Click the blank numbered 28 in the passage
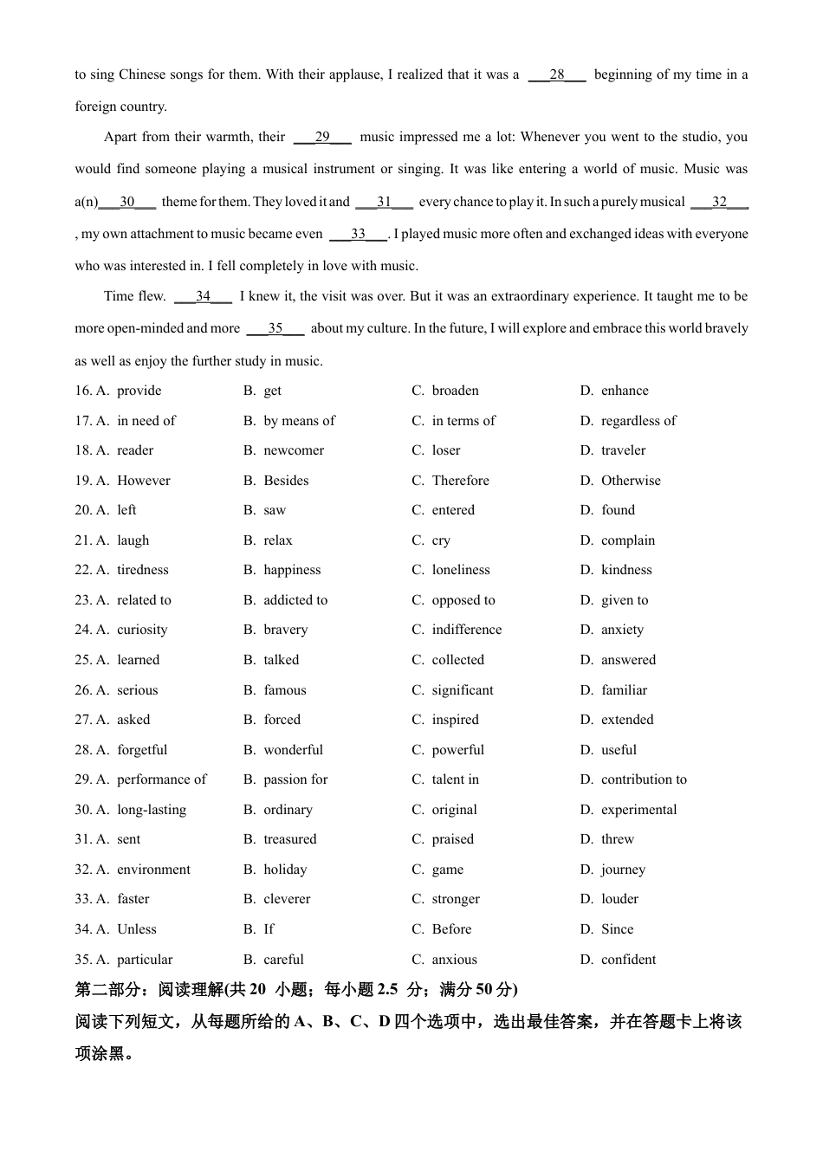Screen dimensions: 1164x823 (x=556, y=74)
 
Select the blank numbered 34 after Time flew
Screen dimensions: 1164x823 (x=203, y=296)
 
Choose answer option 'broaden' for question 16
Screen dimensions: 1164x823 (x=455, y=391)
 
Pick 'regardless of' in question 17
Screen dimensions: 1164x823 (x=638, y=421)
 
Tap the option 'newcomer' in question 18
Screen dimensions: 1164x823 (x=294, y=450)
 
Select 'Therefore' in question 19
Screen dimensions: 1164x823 (x=460, y=481)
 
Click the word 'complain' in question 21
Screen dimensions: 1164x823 (x=628, y=540)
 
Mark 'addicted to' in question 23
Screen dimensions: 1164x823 (x=295, y=600)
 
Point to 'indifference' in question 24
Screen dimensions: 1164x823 (x=466, y=630)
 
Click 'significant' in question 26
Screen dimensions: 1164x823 (x=463, y=690)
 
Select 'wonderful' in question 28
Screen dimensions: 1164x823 (x=293, y=750)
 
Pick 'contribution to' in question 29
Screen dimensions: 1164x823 (x=644, y=779)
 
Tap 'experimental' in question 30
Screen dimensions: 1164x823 (x=639, y=810)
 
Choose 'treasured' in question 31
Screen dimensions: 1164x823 (x=290, y=839)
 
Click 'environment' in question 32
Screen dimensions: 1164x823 (x=153, y=870)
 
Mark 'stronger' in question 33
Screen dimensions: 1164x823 (x=456, y=899)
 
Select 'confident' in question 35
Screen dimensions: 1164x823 (x=628, y=960)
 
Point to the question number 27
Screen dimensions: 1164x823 (x=83, y=720)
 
